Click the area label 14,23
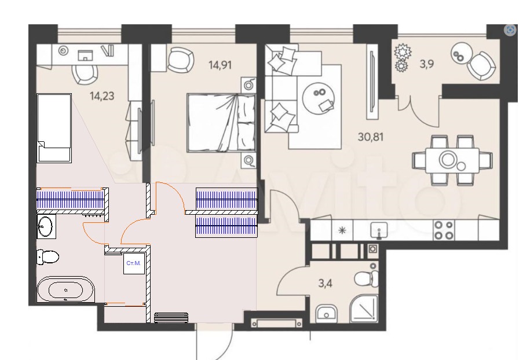pos(102,96)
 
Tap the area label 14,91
pos(220,65)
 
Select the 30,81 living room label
pos(371,137)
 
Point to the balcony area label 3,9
pos(427,64)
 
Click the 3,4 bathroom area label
pos(325,284)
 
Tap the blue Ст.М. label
pos(133,263)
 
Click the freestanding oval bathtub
pos(65,289)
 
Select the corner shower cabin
pos(364,308)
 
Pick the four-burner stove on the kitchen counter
pos(444,230)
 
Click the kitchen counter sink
pos(379,230)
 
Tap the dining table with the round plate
pos(452,160)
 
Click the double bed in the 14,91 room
pos(221,123)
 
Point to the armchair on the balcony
pos(480,65)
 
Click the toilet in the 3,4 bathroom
pos(366,278)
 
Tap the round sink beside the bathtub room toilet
pos(45,226)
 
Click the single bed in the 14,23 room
pos(54,128)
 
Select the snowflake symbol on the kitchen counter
pos(342,230)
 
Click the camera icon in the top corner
pos(510,30)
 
